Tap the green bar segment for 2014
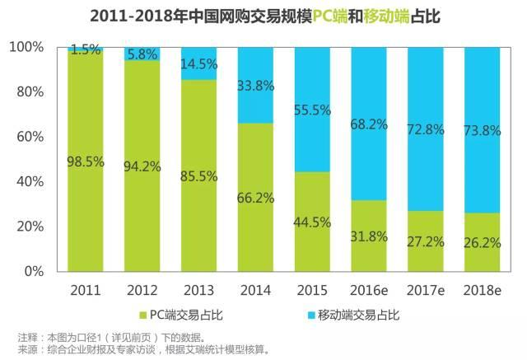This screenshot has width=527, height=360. tap(255, 222)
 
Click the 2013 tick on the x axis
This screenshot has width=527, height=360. tap(199, 291)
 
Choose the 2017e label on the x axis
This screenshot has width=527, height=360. tap(426, 291)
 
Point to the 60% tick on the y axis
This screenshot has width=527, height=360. tap(32, 137)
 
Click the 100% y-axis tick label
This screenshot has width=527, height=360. tap(29, 47)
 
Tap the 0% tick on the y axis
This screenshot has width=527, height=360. tap(35, 271)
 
